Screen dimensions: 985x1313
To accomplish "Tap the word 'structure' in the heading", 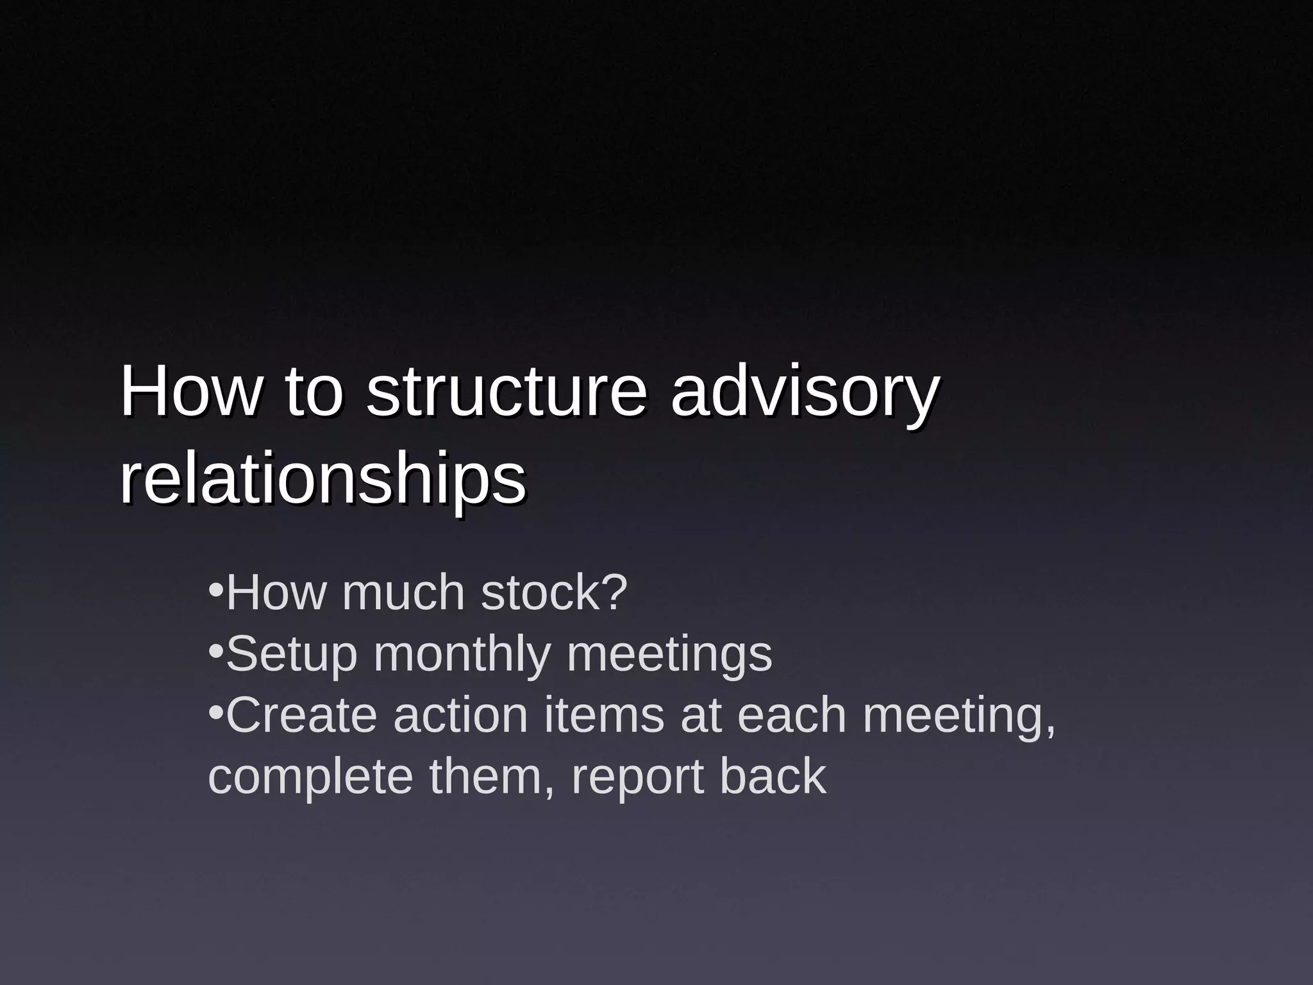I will coord(506,392).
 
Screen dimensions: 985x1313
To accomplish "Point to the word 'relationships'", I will coord(322,481).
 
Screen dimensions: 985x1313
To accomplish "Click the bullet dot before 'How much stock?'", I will coord(216,589).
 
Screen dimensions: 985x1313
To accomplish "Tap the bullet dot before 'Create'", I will coord(216,712).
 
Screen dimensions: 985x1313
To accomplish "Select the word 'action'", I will coord(460,716).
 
